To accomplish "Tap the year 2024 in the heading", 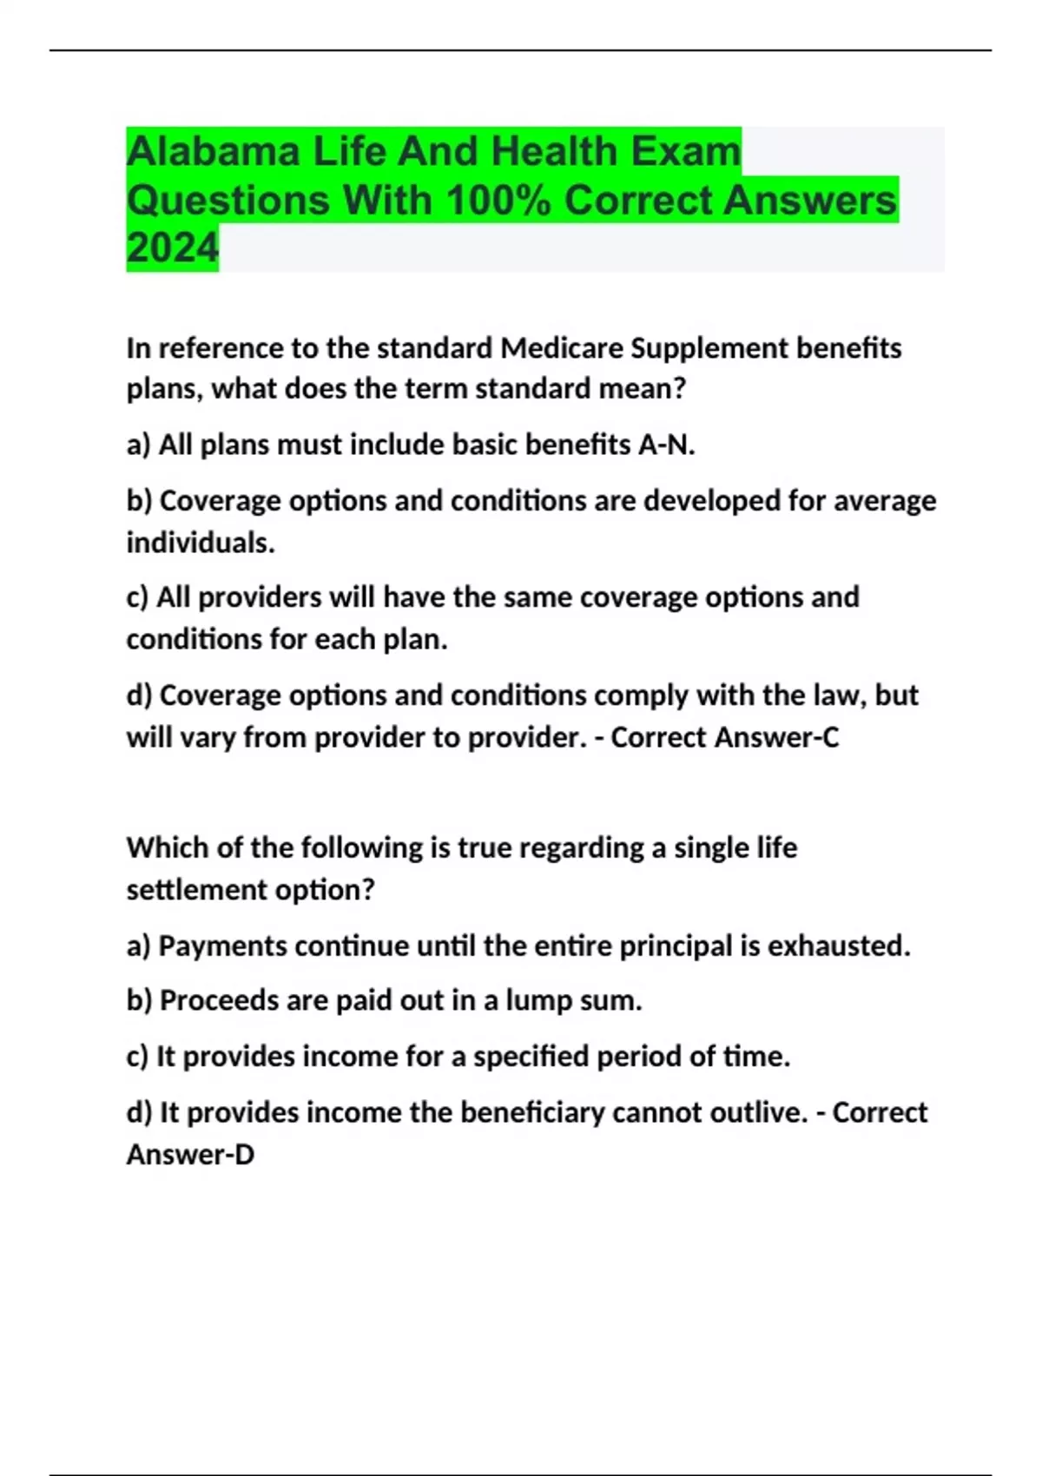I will click(x=172, y=248).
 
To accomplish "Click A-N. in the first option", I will click(x=666, y=445).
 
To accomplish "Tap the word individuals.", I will click(x=201, y=543).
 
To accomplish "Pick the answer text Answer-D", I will click(x=190, y=1155).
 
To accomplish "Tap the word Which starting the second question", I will click(x=168, y=847).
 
